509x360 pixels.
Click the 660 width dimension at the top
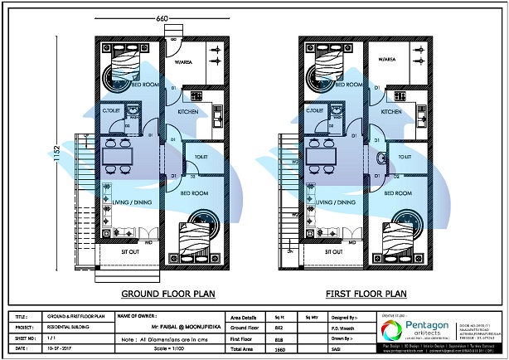tap(162, 17)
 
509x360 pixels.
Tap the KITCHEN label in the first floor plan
tap(391, 111)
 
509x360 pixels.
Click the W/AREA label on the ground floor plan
tap(183, 60)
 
